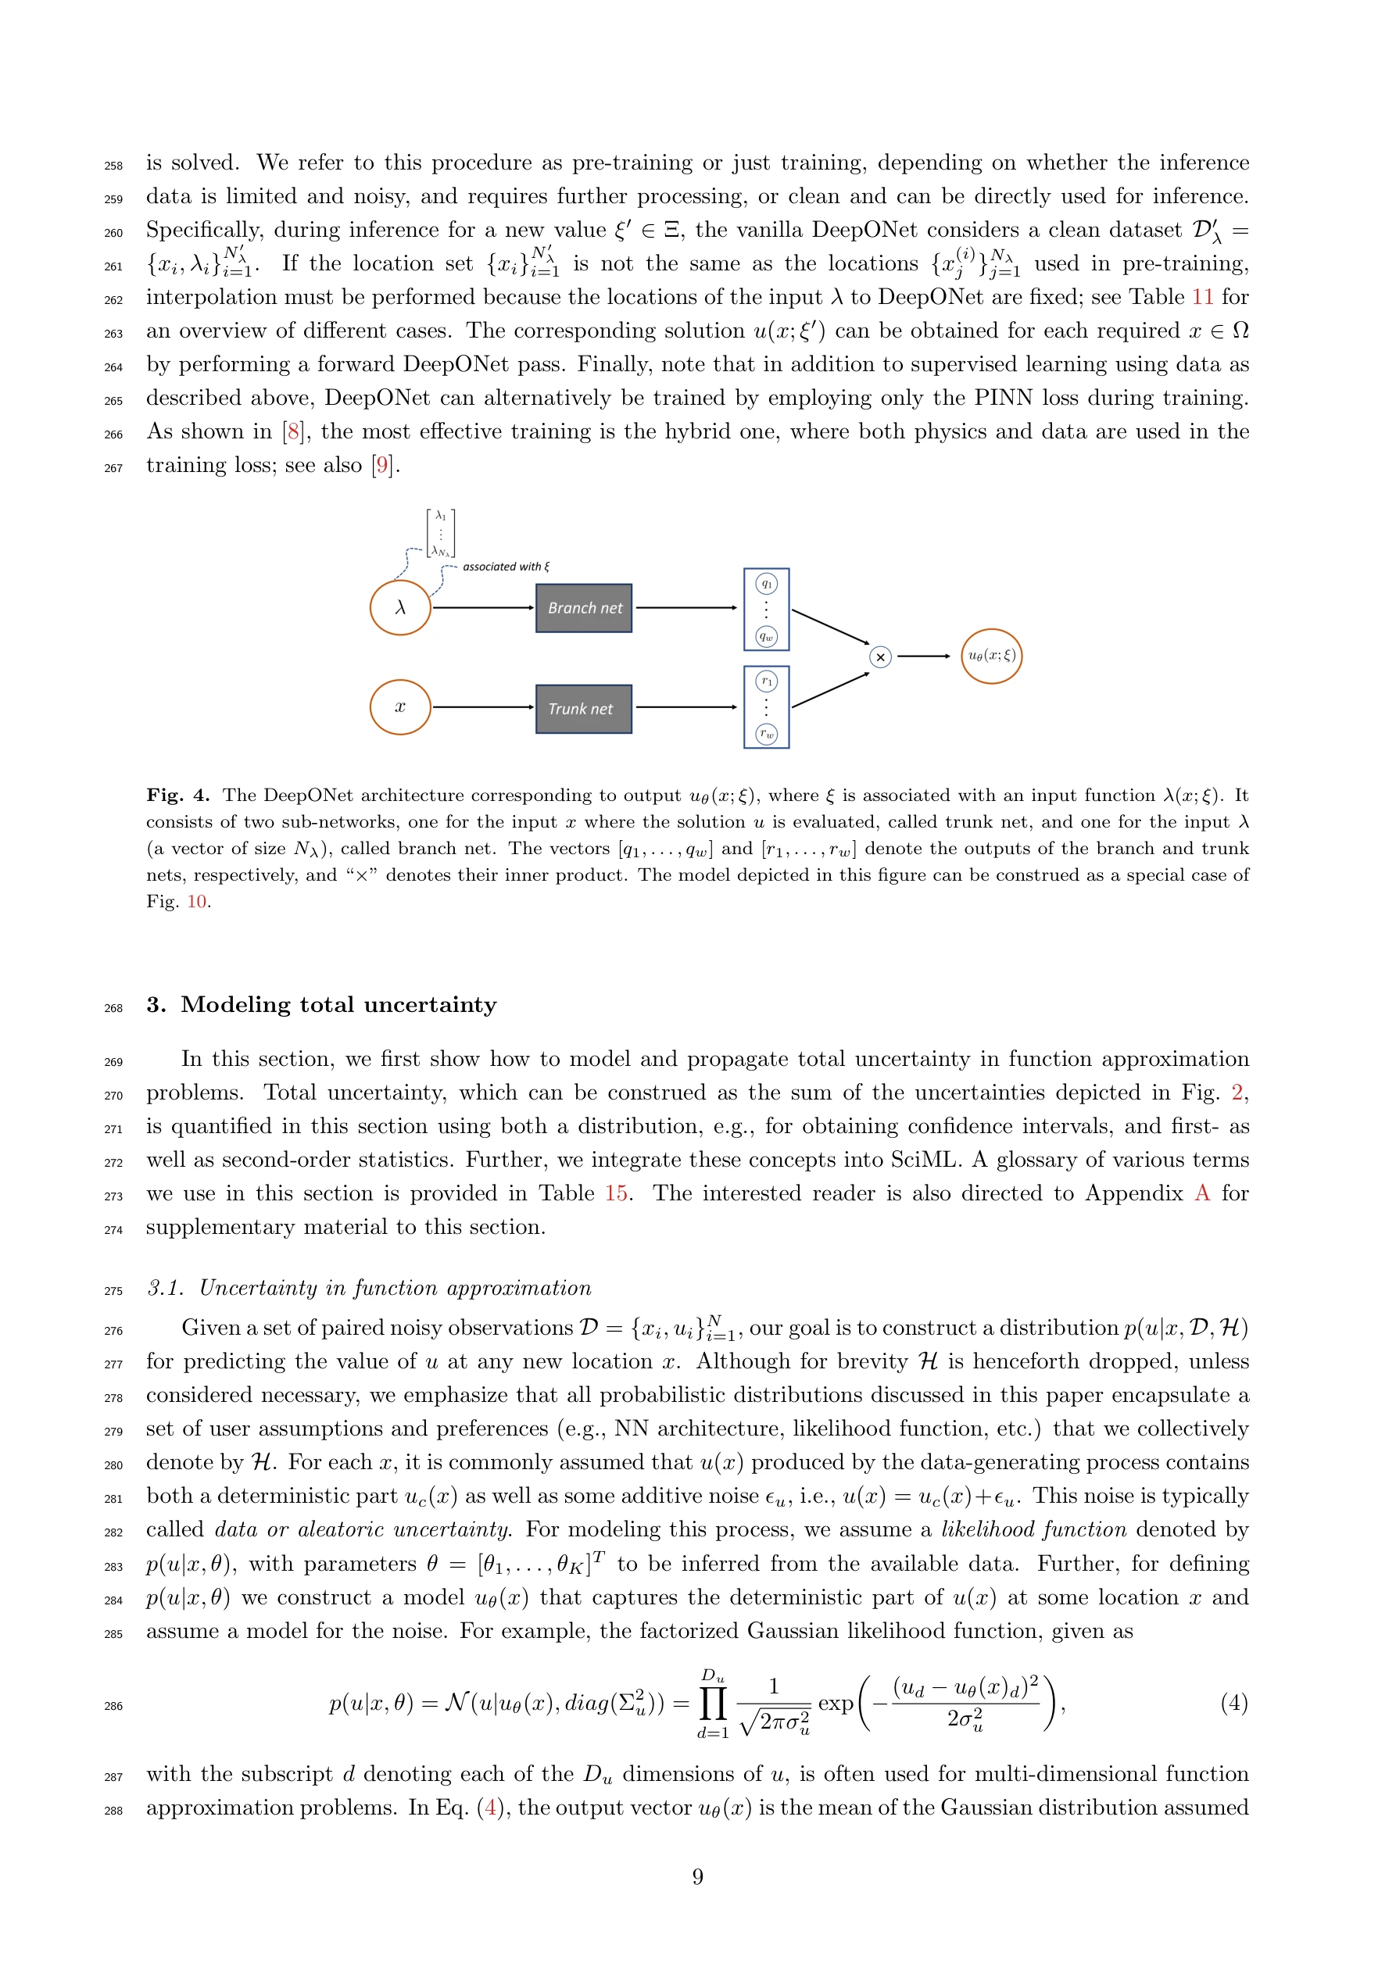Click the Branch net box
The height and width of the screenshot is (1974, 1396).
[583, 608]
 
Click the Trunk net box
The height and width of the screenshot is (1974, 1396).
[583, 709]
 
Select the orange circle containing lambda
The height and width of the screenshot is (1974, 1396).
[400, 608]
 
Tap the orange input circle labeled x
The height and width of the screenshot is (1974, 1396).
[400, 706]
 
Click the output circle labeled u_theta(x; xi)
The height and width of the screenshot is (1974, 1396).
[991, 656]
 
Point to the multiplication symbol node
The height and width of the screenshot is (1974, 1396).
[880, 657]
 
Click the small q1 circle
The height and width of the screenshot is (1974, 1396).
[765, 584]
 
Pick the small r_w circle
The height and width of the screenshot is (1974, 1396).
[765, 735]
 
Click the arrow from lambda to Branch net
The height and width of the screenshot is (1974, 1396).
[482, 608]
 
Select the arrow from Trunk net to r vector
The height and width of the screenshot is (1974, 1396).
[685, 706]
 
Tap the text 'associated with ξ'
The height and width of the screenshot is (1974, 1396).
[506, 567]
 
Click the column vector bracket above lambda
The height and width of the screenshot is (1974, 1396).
[440, 533]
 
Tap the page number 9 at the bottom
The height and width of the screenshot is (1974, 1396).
[697, 1877]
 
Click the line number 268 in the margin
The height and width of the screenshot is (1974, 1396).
[113, 1007]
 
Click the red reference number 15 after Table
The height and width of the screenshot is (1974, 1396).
[616, 1193]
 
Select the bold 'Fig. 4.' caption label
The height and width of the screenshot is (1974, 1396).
[178, 796]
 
